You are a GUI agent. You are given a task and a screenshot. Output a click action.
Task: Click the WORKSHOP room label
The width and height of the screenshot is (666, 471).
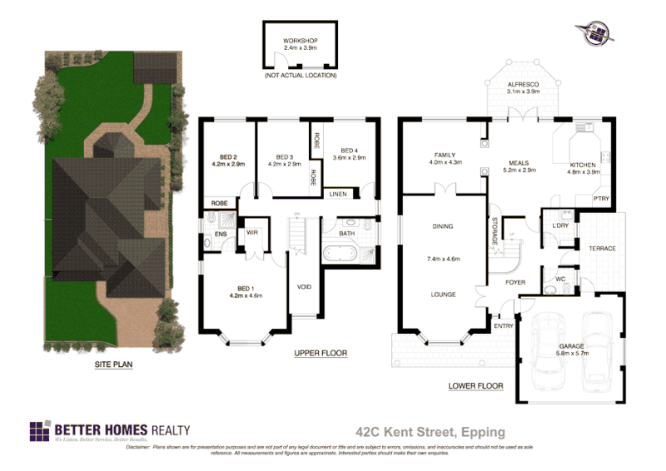pos(301,41)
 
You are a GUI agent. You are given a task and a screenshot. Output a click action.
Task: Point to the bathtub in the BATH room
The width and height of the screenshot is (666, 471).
pos(346,255)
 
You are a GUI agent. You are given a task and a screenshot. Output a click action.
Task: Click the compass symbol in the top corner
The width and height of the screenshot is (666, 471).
pos(594,32)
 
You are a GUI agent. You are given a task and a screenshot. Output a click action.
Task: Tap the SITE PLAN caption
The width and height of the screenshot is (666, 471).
pos(115,364)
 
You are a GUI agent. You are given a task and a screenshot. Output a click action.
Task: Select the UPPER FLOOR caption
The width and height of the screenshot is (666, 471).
pos(321,353)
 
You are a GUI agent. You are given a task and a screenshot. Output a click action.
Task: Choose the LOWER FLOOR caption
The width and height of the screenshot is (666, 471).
pos(475,386)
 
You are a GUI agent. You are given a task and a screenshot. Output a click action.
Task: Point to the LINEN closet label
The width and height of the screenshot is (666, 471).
pos(338,193)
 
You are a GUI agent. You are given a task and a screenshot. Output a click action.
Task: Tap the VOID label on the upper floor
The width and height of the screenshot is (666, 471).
pos(305,287)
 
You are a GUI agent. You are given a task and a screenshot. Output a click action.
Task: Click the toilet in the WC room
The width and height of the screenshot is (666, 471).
pos(552,289)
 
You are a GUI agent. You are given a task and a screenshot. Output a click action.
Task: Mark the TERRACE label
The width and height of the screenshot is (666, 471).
pos(602,248)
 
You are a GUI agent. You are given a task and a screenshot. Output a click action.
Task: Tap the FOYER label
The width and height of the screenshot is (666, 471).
pos(515,282)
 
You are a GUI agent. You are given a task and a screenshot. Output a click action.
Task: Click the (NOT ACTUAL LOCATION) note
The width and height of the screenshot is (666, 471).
pos(301,76)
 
